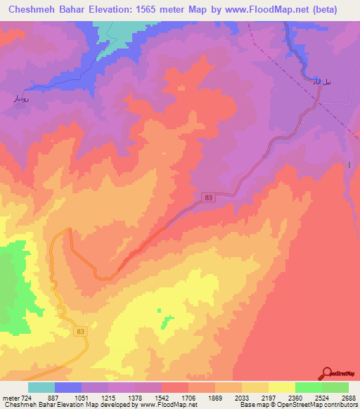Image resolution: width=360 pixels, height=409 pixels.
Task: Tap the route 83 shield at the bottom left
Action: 81,331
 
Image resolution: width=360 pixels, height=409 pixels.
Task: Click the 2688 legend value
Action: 348,398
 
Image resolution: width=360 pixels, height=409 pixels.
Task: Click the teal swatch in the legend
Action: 41,387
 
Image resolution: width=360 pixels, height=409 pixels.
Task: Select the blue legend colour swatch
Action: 68,387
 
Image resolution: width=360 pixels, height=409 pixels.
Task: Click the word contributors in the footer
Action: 340,405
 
